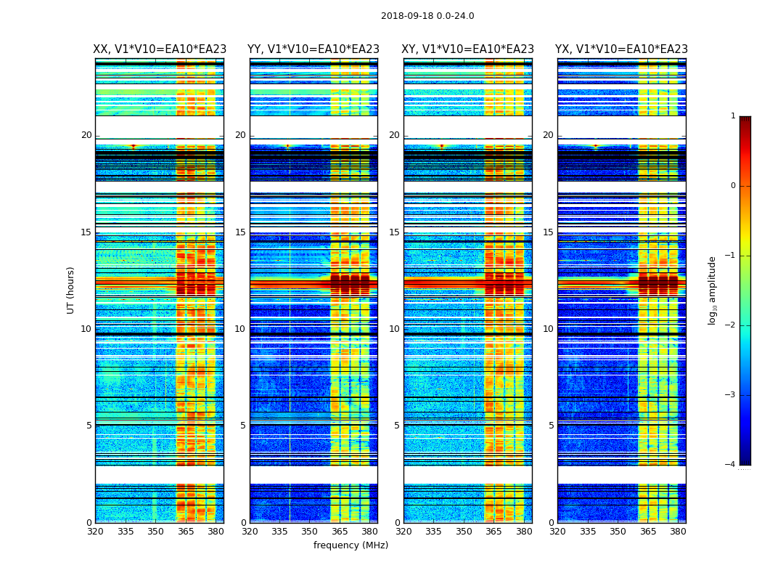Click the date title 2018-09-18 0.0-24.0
click(427, 16)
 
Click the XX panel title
click(160, 49)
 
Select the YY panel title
click(314, 49)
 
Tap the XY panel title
click(468, 49)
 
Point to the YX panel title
click(621, 49)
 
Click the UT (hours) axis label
click(71, 290)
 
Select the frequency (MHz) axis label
click(351, 545)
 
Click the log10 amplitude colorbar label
click(713, 290)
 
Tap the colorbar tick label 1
click(733, 116)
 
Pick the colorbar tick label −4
click(731, 465)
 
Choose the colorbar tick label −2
click(731, 325)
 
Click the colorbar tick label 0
click(733, 186)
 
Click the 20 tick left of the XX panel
click(86, 135)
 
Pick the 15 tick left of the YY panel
click(240, 232)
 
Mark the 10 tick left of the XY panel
click(394, 329)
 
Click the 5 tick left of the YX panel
click(551, 426)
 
